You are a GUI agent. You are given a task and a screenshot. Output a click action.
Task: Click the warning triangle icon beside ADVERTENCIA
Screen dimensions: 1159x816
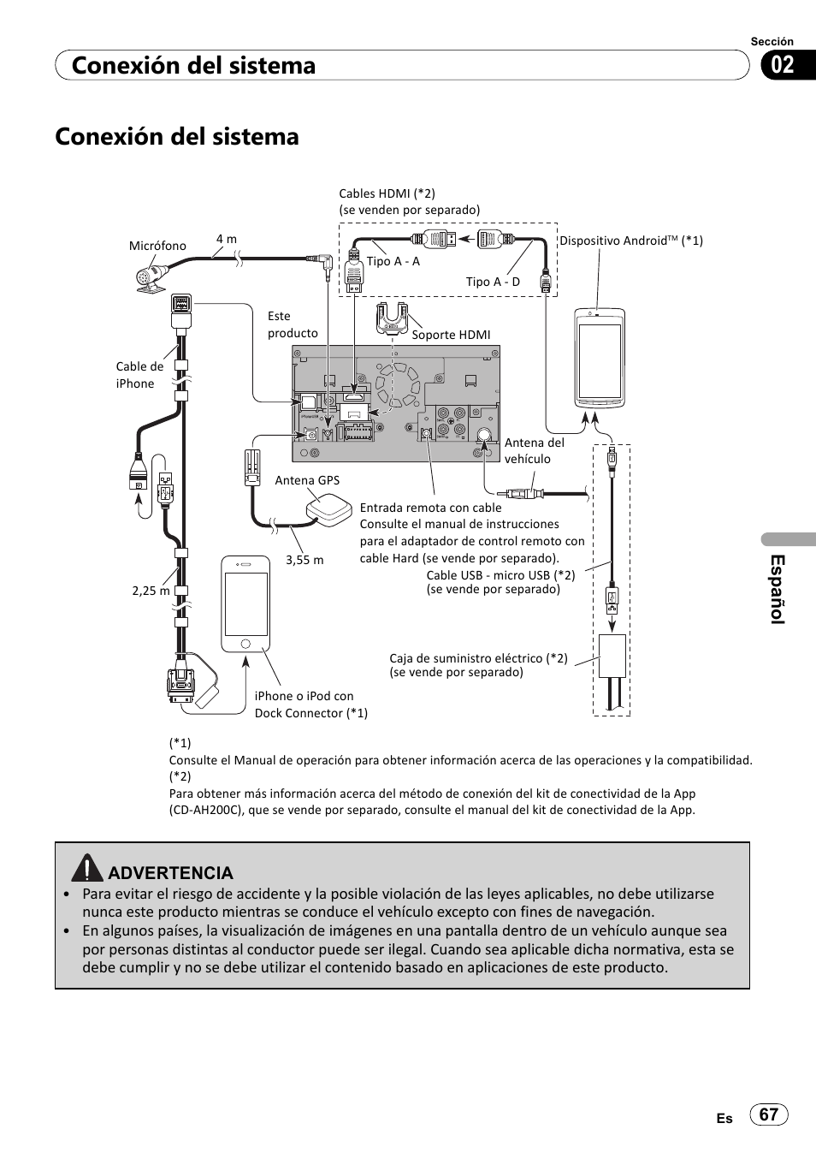tap(87, 870)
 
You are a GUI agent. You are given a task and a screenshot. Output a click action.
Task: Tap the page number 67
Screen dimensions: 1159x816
tap(769, 1114)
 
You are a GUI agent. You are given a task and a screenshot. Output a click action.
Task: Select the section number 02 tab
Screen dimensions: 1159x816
tap(779, 65)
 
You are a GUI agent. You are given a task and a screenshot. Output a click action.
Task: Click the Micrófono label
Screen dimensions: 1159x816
tap(157, 246)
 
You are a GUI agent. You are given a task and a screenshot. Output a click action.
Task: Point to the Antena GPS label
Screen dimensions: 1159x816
tap(307, 480)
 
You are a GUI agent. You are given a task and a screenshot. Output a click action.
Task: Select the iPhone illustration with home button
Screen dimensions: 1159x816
tap(245, 604)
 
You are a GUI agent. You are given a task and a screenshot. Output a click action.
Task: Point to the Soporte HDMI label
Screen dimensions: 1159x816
tap(451, 335)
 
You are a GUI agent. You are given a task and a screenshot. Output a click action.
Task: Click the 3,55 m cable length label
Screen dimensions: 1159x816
tap(305, 560)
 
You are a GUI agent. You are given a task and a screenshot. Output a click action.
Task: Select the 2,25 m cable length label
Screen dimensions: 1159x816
tap(151, 591)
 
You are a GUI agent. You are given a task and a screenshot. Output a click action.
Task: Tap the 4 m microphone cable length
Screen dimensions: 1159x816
tap(226, 239)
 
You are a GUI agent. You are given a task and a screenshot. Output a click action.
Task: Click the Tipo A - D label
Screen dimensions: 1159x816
tap(493, 282)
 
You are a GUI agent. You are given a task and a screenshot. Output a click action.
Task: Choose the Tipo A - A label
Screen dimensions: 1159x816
tap(393, 261)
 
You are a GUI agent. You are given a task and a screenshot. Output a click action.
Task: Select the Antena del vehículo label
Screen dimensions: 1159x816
tap(534, 451)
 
